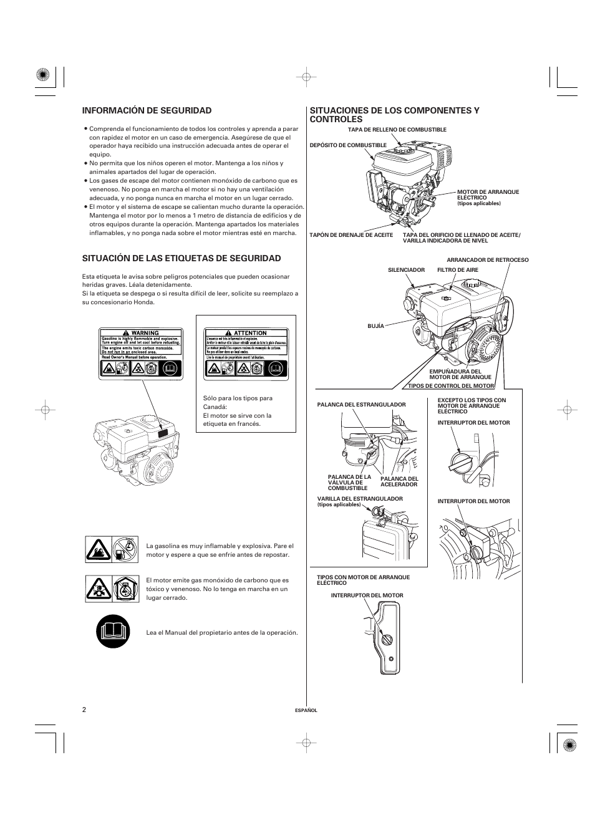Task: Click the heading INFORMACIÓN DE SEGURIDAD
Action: [147, 110]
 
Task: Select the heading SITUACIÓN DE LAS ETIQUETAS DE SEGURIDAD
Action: [181, 258]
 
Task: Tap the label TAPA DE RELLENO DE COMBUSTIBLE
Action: [397, 130]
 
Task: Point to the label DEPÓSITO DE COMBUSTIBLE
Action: [348, 145]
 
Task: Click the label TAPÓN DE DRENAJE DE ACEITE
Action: [351, 235]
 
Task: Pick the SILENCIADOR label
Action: [406, 270]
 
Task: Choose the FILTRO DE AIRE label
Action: [457, 270]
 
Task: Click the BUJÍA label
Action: [375, 325]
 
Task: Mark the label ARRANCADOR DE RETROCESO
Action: [487, 260]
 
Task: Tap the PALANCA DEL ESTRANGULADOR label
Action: [361, 405]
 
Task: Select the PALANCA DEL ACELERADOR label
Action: [399, 481]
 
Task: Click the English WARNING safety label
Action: [141, 353]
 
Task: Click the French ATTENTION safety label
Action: [246, 353]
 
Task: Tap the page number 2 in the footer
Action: [84, 710]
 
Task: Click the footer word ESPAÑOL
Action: [306, 710]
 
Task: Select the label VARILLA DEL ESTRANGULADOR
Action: [360, 499]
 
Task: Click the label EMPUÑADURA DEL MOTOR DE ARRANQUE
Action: [460, 374]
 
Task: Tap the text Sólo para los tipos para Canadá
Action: [237, 402]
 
